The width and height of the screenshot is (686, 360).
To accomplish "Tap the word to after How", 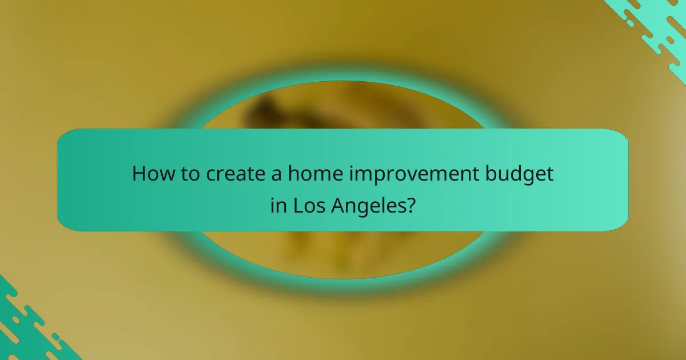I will point(186,174).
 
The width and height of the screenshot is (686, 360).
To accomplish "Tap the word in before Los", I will point(278,205).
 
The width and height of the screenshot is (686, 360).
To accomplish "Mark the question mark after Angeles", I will point(410,205).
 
